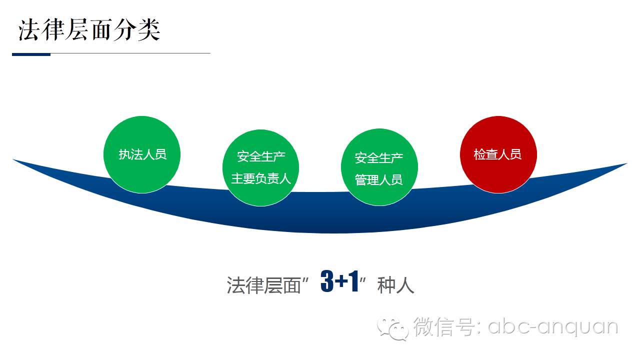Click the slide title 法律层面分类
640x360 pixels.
coord(89,29)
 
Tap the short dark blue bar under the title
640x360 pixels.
coord(31,54)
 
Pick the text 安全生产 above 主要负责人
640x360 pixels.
coord(261,156)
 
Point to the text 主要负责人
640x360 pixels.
coord(261,178)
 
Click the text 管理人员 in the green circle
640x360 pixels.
coord(379,179)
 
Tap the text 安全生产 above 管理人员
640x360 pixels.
coord(379,158)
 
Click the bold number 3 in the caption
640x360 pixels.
coord(327,282)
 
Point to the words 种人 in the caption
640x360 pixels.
coord(396,285)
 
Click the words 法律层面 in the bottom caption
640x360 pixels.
coord(263,285)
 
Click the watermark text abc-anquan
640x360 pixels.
coord(552,327)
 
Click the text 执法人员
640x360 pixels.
coord(142,154)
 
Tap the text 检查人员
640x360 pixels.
coord(497,154)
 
